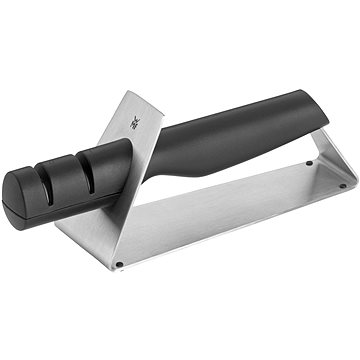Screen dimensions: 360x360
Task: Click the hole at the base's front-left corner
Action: pos(119,264)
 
